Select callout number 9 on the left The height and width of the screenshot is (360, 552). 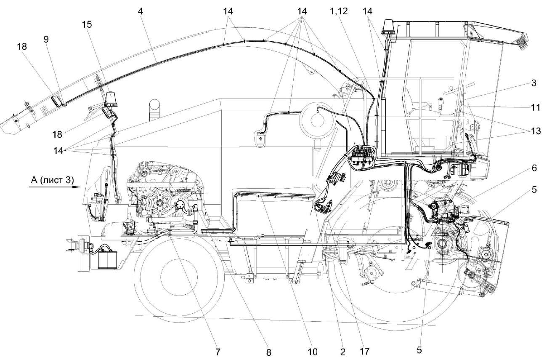pyautogui.click(x=46, y=39)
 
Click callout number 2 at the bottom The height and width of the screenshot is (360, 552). pyautogui.click(x=342, y=351)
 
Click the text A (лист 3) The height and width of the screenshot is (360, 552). pyautogui.click(x=52, y=180)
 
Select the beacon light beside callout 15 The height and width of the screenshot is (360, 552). pyautogui.click(x=111, y=99)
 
